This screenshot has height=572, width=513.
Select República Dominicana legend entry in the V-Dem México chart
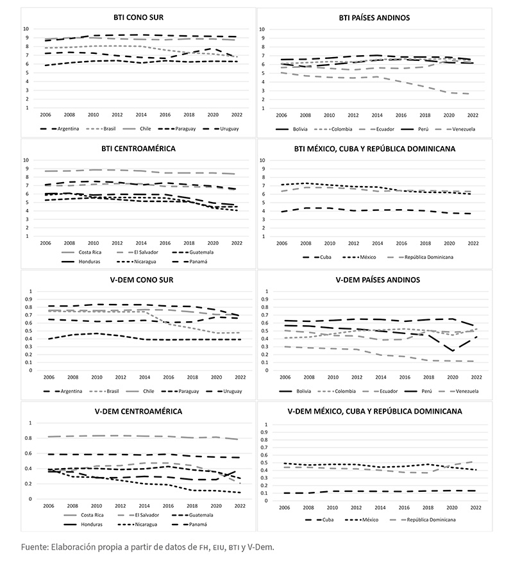coord(430,519)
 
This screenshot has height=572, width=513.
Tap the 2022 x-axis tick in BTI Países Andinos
coord(472,115)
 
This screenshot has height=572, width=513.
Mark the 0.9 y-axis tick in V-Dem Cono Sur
coord(28,299)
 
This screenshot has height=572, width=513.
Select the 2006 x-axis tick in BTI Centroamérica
coord(45,244)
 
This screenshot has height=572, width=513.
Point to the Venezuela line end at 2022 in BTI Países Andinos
coord(472,94)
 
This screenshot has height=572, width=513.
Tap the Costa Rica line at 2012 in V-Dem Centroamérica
coord(117,435)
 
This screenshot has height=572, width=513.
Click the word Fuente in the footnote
coord(35,547)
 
